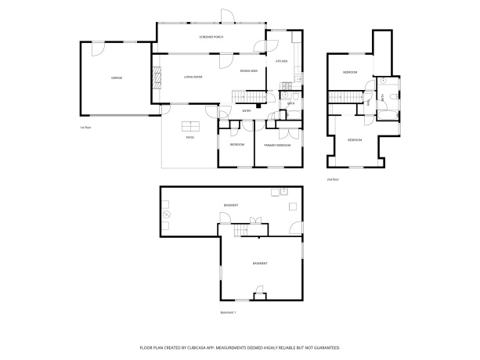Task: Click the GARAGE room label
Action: coord(116,77)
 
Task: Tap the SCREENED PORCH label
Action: coord(211,37)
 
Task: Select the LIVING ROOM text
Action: coord(193,77)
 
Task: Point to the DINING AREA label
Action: coord(249,71)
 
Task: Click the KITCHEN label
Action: coord(282,61)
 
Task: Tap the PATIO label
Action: coord(190,138)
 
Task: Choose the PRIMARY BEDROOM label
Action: coord(277,146)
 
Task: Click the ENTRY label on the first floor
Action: coord(247,110)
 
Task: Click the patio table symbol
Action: coord(190,127)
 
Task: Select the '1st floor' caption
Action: coord(86,127)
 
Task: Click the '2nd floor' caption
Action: coord(333,179)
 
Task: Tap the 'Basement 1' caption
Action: coord(229,312)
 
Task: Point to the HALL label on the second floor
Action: coord(369,101)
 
